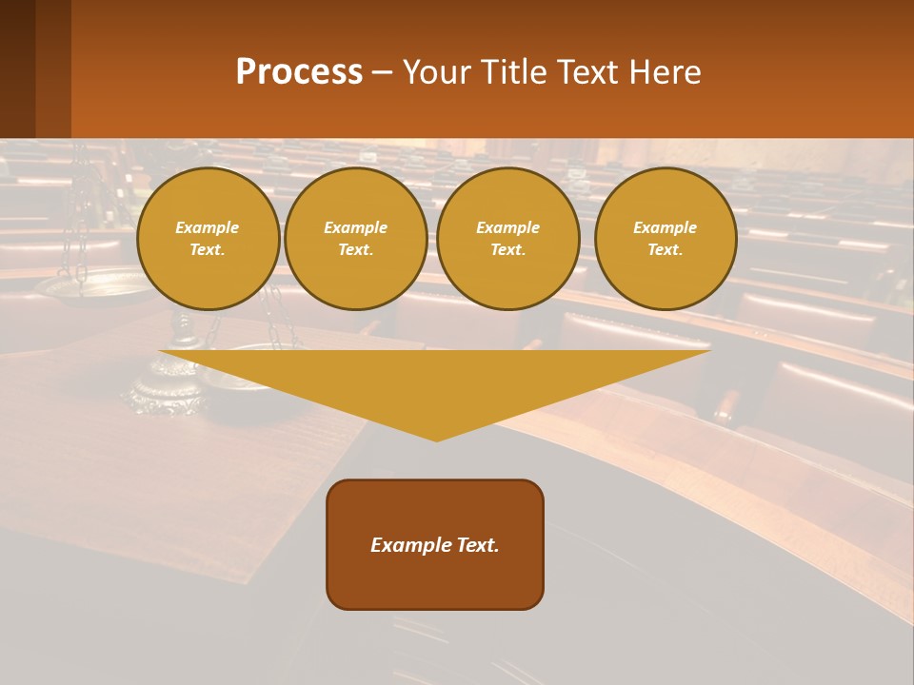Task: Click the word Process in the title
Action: [x=299, y=72]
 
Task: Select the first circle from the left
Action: [x=208, y=239]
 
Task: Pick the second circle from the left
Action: [x=356, y=239]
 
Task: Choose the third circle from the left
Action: [x=507, y=239]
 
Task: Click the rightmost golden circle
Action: [x=666, y=239]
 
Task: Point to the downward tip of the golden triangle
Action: [x=437, y=439]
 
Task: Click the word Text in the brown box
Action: [x=479, y=545]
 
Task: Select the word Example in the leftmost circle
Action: [x=208, y=227]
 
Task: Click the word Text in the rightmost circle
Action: [x=666, y=250]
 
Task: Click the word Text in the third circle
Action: [x=507, y=250]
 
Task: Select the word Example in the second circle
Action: [x=356, y=227]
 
